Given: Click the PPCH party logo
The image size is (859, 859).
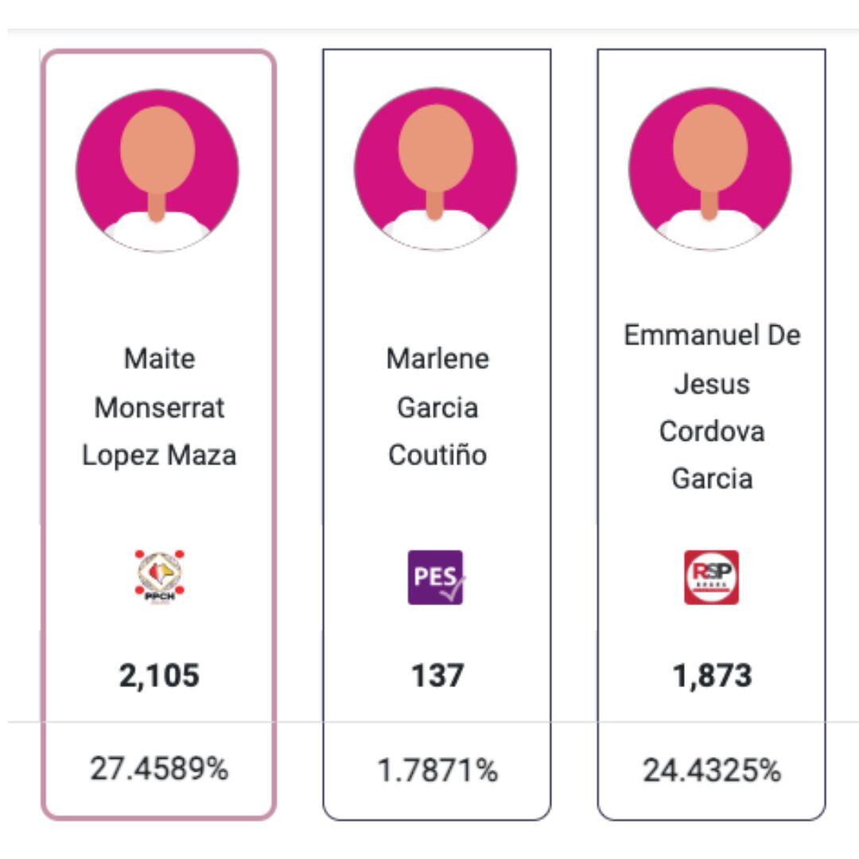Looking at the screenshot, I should (x=159, y=577).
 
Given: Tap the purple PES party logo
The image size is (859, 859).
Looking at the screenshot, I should (x=436, y=577).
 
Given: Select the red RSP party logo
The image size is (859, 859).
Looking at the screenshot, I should (x=711, y=577).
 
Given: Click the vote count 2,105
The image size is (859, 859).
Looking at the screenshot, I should (x=159, y=676).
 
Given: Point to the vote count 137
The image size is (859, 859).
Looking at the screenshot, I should (x=437, y=676).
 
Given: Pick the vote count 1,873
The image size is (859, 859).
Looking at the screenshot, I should (x=711, y=676).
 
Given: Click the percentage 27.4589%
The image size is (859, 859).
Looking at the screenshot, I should (x=159, y=769).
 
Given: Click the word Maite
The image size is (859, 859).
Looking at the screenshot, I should (x=159, y=359).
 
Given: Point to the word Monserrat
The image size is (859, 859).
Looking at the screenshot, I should (x=159, y=407).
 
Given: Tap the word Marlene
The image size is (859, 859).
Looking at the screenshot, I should (x=437, y=359).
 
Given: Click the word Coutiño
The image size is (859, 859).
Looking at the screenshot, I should (x=437, y=456).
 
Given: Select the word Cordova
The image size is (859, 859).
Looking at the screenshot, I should (x=712, y=431).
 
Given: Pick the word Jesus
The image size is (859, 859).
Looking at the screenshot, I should (x=712, y=383).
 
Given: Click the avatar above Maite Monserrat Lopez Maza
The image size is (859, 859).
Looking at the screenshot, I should (x=157, y=170).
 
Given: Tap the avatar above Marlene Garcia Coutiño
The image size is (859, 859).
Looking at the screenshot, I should (x=435, y=169).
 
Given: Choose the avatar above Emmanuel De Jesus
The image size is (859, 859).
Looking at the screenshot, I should (x=710, y=169).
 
